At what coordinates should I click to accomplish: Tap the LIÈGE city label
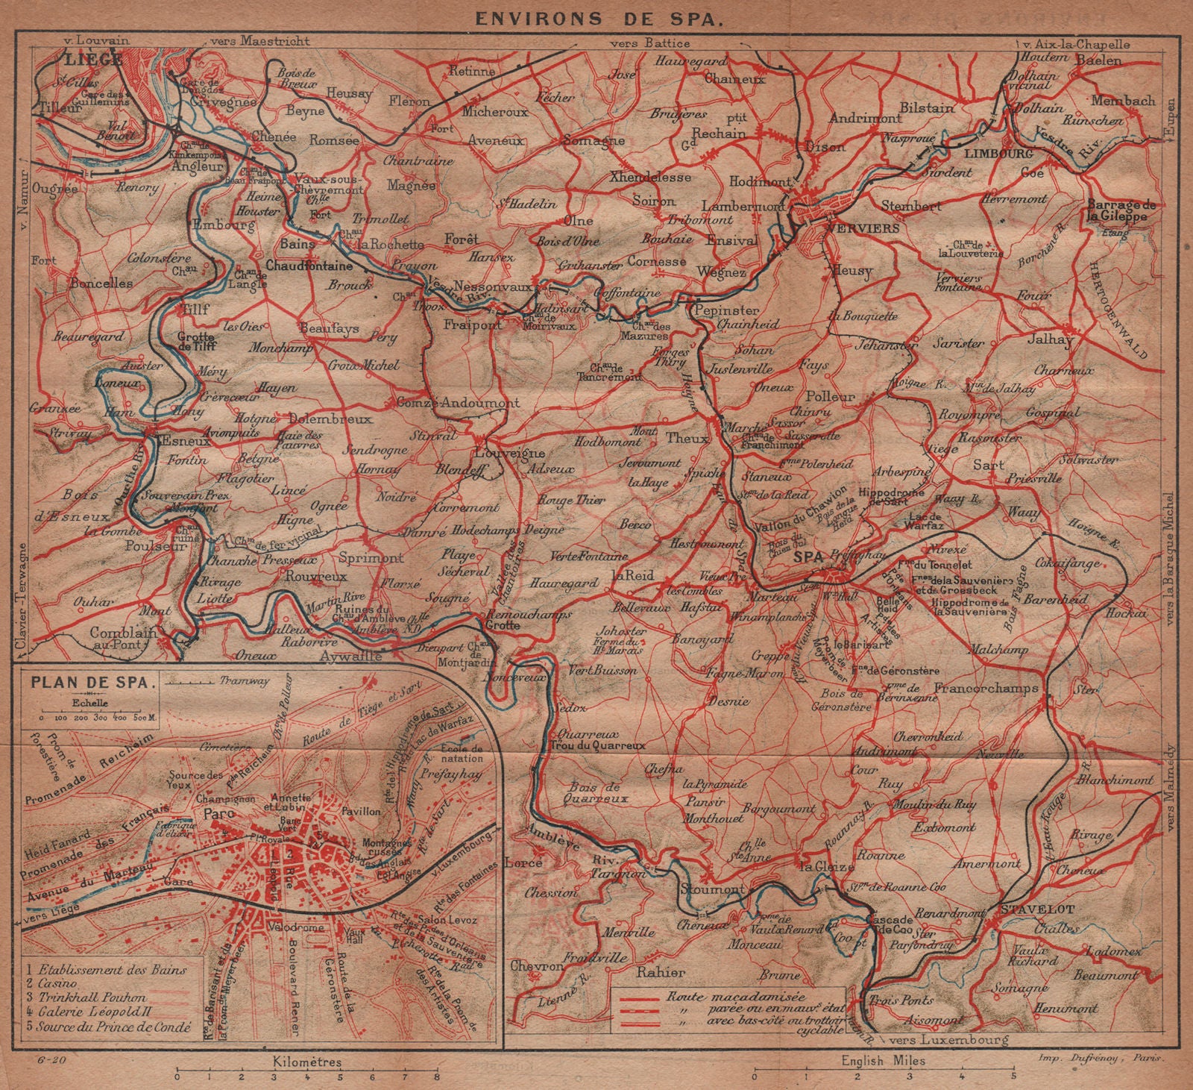[93, 59]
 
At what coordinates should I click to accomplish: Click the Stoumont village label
[711, 889]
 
